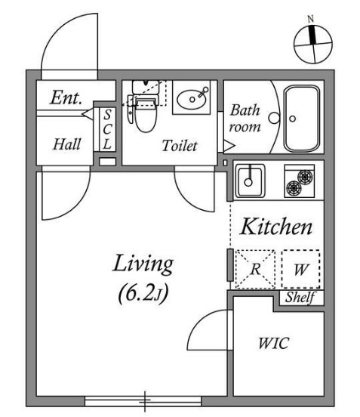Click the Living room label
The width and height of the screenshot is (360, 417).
143,264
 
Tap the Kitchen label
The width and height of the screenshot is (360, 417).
275,227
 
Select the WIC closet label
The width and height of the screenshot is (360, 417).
273,343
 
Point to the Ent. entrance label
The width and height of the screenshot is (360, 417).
66,97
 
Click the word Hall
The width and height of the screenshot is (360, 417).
66,144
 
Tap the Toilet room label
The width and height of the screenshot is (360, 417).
180,146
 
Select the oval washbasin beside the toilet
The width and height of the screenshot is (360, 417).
192,100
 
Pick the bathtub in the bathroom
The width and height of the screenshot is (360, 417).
302,119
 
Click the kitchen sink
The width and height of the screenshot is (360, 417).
250,181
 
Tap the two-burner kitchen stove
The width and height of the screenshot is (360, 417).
300,181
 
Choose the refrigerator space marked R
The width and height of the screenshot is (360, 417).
255,269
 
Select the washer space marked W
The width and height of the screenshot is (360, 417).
300,269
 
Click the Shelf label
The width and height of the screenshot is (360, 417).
300,297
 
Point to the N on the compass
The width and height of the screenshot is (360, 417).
311,19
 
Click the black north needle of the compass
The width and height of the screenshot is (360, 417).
312,35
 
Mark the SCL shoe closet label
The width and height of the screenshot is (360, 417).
107,129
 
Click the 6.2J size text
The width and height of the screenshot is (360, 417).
143,294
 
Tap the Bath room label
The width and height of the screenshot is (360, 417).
245,118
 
